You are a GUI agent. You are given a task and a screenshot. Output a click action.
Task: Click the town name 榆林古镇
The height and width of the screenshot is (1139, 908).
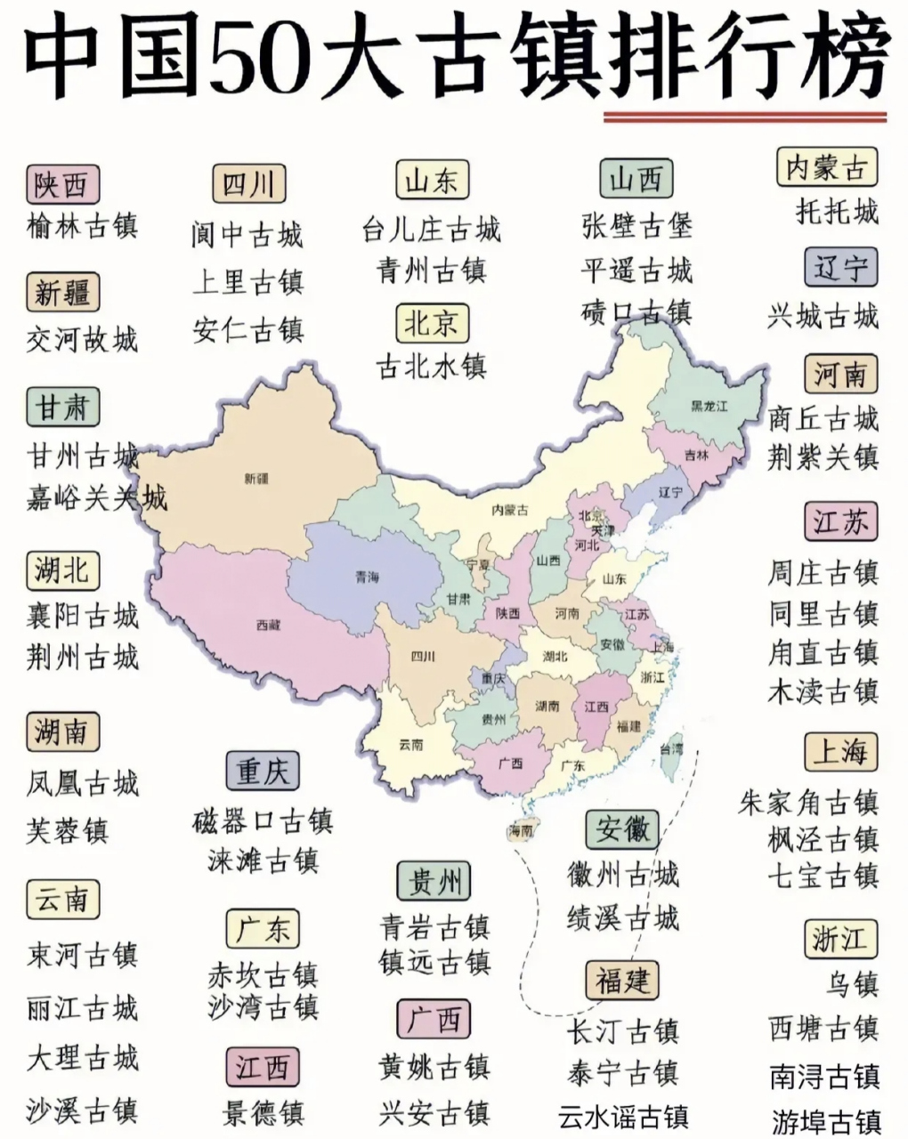(x=83, y=225)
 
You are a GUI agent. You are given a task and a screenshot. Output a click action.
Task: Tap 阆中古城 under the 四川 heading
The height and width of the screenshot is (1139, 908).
(x=247, y=234)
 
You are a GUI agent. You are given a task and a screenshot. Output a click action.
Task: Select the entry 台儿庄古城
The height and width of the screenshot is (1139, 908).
(x=432, y=230)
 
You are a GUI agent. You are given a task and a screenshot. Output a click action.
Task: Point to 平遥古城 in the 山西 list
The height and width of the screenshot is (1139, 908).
(x=636, y=271)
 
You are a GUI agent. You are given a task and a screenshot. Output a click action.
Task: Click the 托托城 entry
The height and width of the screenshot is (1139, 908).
(x=837, y=212)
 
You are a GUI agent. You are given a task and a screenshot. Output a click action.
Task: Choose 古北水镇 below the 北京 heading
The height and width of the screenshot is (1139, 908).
(x=432, y=367)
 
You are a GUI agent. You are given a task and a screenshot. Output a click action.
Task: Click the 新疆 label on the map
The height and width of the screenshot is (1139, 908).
(x=255, y=479)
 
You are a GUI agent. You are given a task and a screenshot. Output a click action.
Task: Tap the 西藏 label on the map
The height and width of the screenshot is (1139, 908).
(x=268, y=626)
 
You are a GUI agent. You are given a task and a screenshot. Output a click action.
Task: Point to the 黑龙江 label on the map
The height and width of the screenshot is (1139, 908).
(x=709, y=407)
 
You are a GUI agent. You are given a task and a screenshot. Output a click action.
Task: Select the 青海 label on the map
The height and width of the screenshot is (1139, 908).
(x=367, y=578)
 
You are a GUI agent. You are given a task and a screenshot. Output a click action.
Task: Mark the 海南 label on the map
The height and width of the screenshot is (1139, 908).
(x=521, y=831)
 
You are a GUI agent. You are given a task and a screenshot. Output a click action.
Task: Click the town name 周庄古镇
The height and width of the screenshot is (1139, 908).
(x=823, y=572)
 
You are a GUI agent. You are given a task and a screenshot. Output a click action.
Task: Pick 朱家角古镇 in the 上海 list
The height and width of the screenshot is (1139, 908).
(x=808, y=803)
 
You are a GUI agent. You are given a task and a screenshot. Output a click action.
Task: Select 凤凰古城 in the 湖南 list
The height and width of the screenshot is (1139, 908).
(x=83, y=784)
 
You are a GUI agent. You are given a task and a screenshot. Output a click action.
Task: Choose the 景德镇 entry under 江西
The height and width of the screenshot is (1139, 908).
(x=263, y=1112)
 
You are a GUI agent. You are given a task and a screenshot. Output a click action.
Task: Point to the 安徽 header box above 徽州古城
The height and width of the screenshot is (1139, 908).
(x=623, y=829)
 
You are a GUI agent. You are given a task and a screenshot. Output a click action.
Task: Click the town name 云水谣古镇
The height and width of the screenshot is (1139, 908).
(x=623, y=1116)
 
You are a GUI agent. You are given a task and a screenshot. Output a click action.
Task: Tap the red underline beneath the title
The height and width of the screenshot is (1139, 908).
(x=744, y=117)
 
